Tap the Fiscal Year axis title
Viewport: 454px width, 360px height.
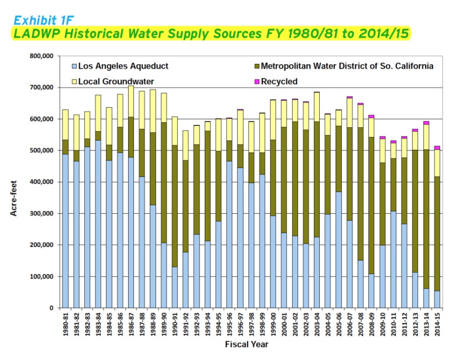246,344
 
